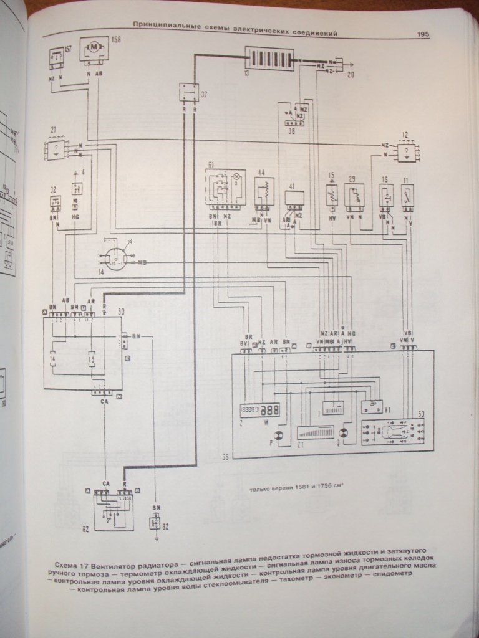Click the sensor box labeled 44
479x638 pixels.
click(x=264, y=190)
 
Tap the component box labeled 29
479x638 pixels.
click(x=356, y=194)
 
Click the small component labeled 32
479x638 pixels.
click(x=55, y=202)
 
